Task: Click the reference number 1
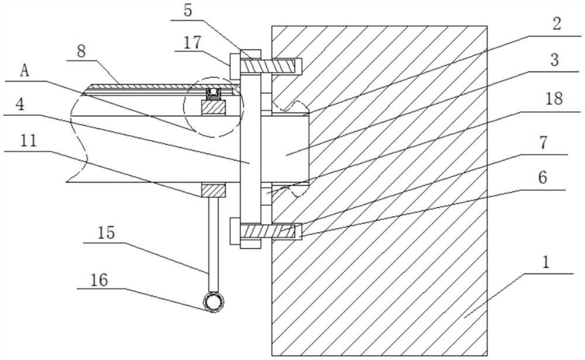pos(546,263)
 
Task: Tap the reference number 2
pos(556,24)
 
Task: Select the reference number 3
pos(555,60)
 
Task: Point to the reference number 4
pos(20,105)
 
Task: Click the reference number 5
pos(188,11)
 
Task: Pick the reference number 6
pos(542,177)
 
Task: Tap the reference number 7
pos(543,142)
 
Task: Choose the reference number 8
pos(81,52)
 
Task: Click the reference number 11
pos(29,141)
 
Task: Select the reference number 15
pos(106,233)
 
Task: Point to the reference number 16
pos(99,280)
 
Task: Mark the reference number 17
pos(192,43)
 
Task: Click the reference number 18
pos(554,99)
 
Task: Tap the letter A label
pos(25,70)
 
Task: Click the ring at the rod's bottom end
pos(214,301)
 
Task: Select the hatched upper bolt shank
pos(269,67)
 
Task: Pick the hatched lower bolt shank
pos(269,231)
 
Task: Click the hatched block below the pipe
pos(214,190)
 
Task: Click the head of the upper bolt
pos(235,67)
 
